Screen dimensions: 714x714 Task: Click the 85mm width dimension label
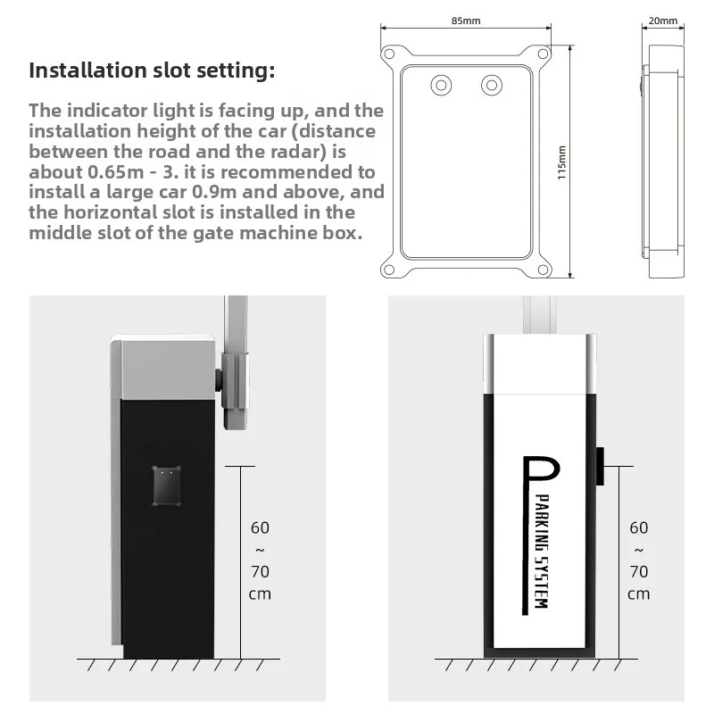465,21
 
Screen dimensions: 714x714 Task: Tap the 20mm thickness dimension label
662,21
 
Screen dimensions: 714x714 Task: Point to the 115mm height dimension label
562,162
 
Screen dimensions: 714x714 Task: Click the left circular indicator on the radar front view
441,85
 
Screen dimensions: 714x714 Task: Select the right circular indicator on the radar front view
492,85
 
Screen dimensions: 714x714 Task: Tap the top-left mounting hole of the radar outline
389,54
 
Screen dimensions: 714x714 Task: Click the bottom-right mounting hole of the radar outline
543,270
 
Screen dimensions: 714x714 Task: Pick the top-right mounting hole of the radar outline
543,54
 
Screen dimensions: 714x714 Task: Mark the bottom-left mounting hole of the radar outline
389,270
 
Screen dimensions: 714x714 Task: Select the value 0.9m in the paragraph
214,192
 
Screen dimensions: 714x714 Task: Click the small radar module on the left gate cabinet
166,486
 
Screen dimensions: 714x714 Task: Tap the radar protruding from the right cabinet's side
600,466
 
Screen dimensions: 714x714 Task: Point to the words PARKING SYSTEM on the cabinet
542,551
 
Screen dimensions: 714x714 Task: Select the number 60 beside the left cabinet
260,527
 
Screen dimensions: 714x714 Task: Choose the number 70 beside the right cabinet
639,571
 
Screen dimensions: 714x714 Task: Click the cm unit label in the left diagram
260,594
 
